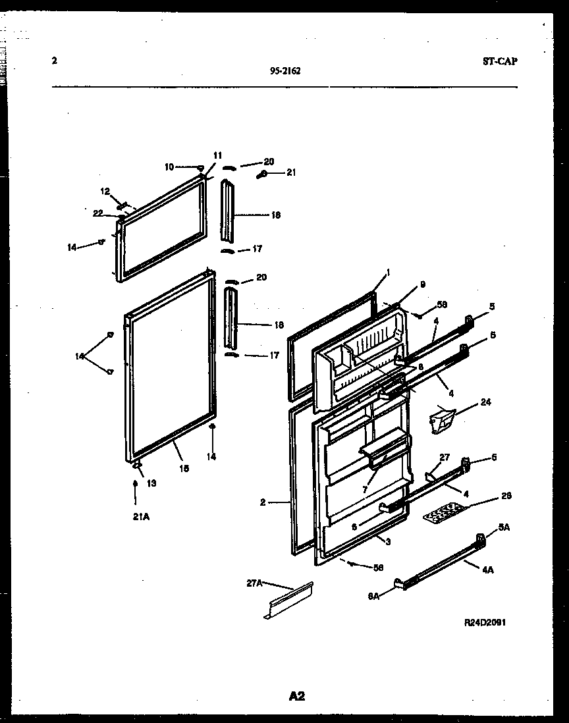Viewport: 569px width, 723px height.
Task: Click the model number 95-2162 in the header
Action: [x=285, y=72]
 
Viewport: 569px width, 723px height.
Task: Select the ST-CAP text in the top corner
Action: [x=499, y=61]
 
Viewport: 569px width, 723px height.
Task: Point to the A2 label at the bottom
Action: [x=296, y=695]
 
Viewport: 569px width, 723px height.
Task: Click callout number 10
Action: [x=169, y=167]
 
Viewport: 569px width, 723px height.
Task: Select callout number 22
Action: [x=98, y=212]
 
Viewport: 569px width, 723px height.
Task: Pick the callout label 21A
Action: [x=140, y=517]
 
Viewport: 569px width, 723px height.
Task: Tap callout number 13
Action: [x=151, y=483]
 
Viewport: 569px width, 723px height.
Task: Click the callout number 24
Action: [x=485, y=402]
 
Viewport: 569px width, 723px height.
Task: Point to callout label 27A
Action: [x=255, y=583]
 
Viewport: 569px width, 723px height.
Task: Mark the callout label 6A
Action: [x=373, y=596]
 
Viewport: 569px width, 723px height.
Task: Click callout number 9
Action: [x=422, y=284]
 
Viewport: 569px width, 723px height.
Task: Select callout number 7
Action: [x=364, y=490]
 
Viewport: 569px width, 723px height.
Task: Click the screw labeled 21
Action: [x=262, y=174]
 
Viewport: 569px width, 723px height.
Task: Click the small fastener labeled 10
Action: [x=201, y=169]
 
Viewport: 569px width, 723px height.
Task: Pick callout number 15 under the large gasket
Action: [x=184, y=468]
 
